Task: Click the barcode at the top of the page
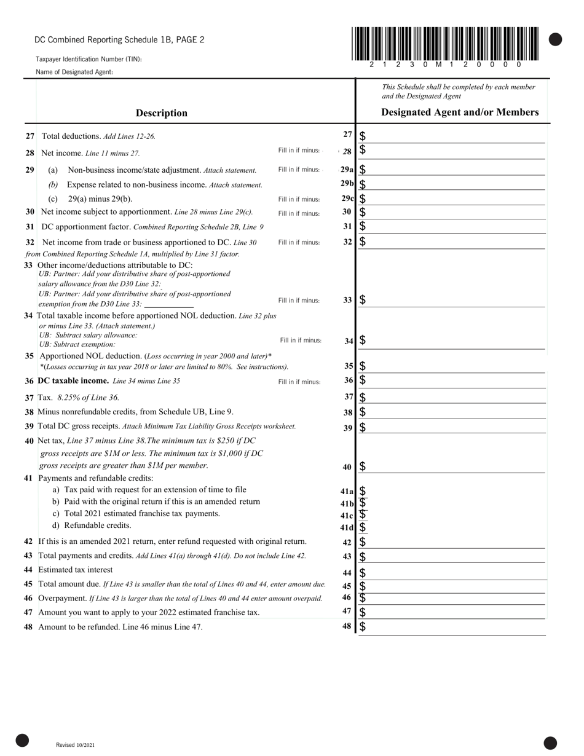445,44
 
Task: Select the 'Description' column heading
162,113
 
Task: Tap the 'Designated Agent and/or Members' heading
460,112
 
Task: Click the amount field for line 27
455,136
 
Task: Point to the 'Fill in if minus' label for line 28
299,151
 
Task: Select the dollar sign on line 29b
363,184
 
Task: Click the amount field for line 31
455,227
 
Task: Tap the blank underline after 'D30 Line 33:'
169,304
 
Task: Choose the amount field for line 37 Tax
455,398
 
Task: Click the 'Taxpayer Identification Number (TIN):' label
89,60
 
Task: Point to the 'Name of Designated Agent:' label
74,73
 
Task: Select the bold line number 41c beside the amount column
347,516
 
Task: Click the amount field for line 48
455,627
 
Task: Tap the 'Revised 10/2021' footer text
75,745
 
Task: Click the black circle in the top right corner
555,40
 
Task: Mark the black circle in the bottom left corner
22,741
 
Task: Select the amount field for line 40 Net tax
455,467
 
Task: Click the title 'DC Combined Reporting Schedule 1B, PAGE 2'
119,40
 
